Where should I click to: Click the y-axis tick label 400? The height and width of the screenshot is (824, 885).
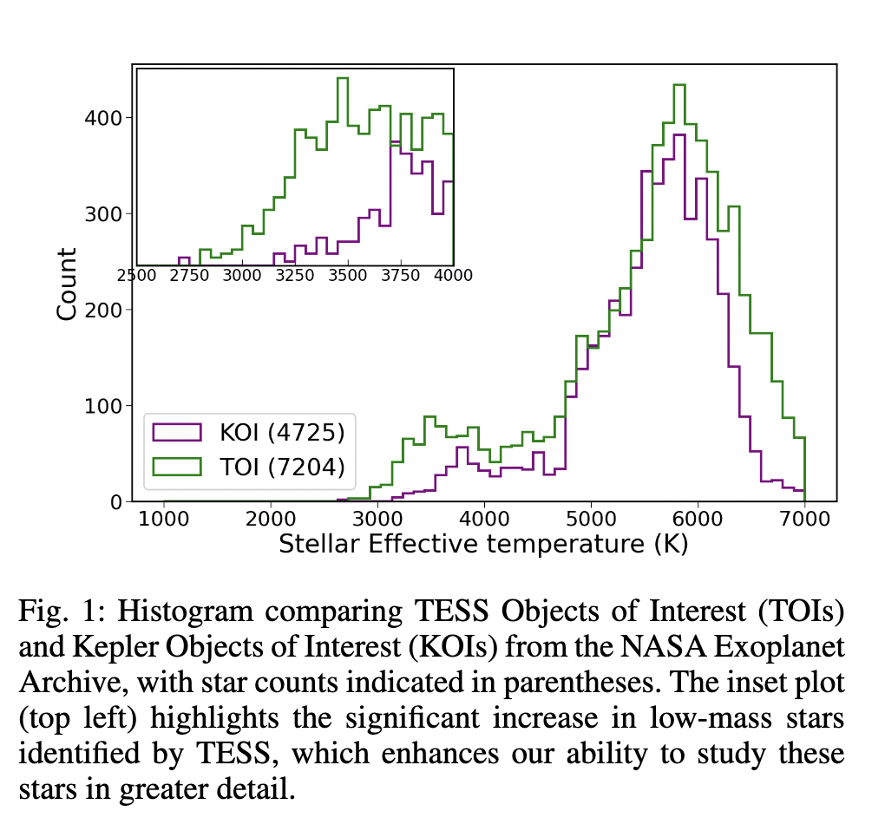click(x=103, y=118)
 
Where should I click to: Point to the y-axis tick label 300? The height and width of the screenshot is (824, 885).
click(x=103, y=214)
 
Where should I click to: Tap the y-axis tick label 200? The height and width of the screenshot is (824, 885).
click(x=103, y=310)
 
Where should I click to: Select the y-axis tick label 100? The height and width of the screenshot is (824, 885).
click(x=103, y=406)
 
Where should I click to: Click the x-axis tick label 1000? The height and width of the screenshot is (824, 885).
click(x=164, y=520)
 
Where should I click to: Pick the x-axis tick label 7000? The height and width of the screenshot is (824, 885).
click(x=804, y=520)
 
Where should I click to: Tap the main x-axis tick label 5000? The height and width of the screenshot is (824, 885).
click(x=591, y=520)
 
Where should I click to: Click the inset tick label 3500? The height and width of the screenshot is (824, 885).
click(x=348, y=276)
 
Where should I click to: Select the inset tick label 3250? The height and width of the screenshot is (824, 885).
click(x=294, y=276)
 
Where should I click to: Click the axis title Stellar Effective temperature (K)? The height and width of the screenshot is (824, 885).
click(x=483, y=545)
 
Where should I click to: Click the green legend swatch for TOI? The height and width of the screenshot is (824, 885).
click(x=177, y=467)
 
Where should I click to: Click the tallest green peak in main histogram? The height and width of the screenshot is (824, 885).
click(x=679, y=85)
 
